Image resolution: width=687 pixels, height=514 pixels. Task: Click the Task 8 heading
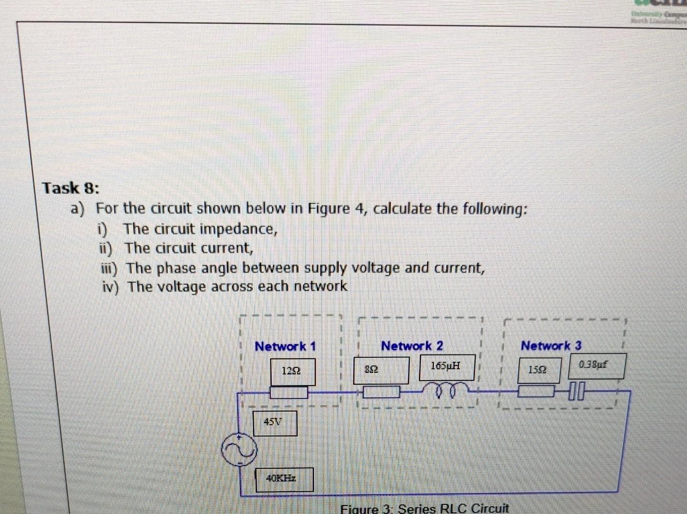(x=71, y=188)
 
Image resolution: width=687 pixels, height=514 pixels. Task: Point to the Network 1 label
(x=285, y=346)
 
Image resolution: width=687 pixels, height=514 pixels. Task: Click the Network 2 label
(x=412, y=346)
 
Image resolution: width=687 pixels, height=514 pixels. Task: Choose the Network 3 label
(x=551, y=346)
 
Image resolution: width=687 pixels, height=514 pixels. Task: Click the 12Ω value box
(x=292, y=371)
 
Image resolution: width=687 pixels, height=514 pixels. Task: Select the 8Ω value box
(x=381, y=370)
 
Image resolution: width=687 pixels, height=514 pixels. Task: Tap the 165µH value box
(x=447, y=367)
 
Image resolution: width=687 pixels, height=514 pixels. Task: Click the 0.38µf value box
(x=596, y=366)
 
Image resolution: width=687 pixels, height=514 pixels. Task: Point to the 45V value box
(x=274, y=423)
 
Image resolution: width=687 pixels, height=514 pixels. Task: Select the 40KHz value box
(x=284, y=479)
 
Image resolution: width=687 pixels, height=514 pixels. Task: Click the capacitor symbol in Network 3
(x=575, y=391)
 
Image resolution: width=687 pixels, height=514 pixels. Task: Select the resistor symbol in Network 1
(x=289, y=393)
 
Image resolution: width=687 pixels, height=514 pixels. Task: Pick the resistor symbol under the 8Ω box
(x=381, y=392)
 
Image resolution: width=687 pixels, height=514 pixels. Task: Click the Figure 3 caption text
(x=424, y=508)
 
